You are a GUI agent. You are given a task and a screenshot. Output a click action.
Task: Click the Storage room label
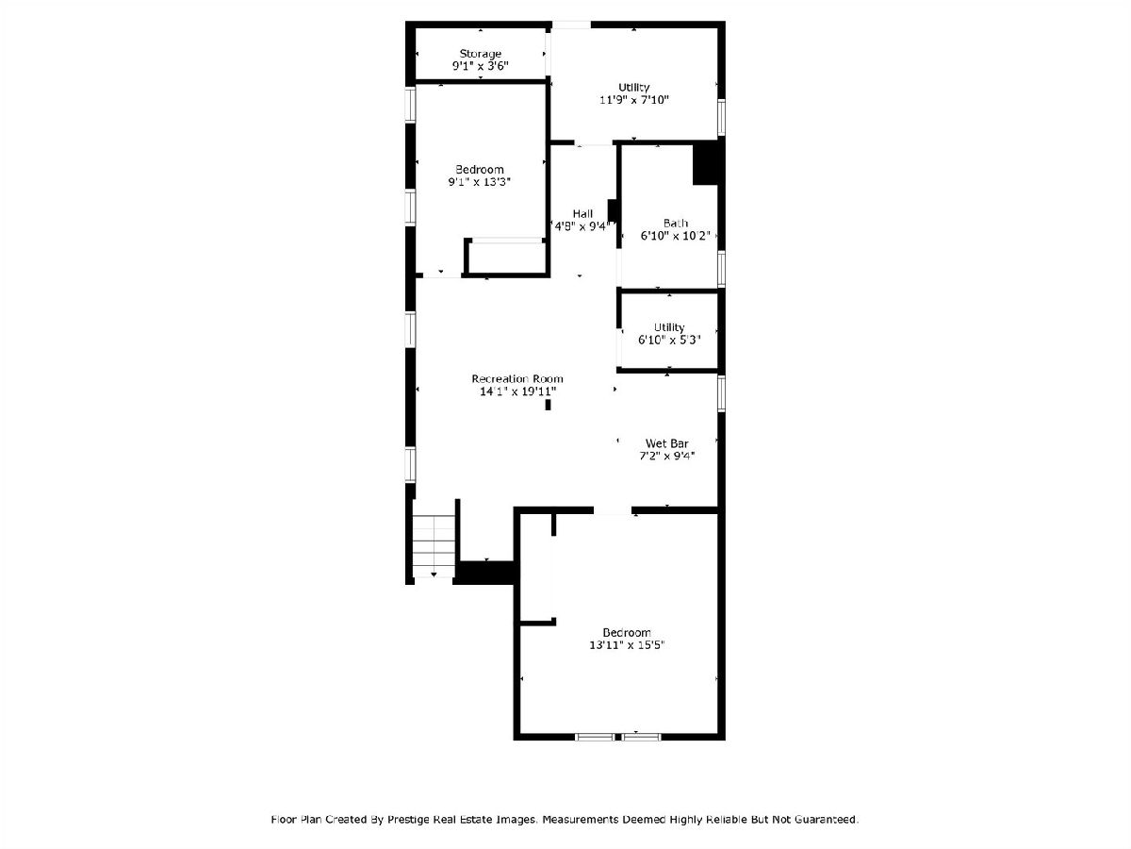(x=481, y=54)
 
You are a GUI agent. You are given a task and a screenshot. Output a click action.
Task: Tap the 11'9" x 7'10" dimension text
(x=633, y=99)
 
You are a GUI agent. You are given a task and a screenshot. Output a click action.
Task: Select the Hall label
(x=582, y=213)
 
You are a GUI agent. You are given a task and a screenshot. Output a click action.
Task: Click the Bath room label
(x=676, y=224)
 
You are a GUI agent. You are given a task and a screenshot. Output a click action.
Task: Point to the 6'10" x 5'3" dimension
(x=669, y=340)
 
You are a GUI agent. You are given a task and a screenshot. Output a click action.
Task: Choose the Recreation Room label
(x=517, y=379)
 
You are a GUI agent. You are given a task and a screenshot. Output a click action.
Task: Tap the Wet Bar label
(x=666, y=443)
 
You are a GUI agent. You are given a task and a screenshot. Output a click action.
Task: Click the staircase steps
(x=434, y=546)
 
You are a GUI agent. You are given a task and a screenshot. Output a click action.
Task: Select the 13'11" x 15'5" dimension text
(x=627, y=645)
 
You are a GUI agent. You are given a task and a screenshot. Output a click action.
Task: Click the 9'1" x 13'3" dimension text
(x=479, y=182)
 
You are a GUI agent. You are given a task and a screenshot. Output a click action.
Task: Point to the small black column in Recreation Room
(x=548, y=406)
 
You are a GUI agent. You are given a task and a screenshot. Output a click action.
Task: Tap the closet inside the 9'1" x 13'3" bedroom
(x=505, y=257)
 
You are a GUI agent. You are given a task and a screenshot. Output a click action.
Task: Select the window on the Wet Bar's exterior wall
(x=721, y=393)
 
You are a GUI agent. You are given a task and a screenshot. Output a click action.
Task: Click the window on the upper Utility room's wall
(x=721, y=118)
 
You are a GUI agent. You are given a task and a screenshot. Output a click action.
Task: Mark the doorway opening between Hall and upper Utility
(x=594, y=142)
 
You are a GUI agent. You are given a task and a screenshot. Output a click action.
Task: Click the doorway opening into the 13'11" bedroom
(x=613, y=510)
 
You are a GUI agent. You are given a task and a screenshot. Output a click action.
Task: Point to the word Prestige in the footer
(x=409, y=819)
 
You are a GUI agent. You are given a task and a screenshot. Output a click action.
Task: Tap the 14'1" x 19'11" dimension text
(x=517, y=391)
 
